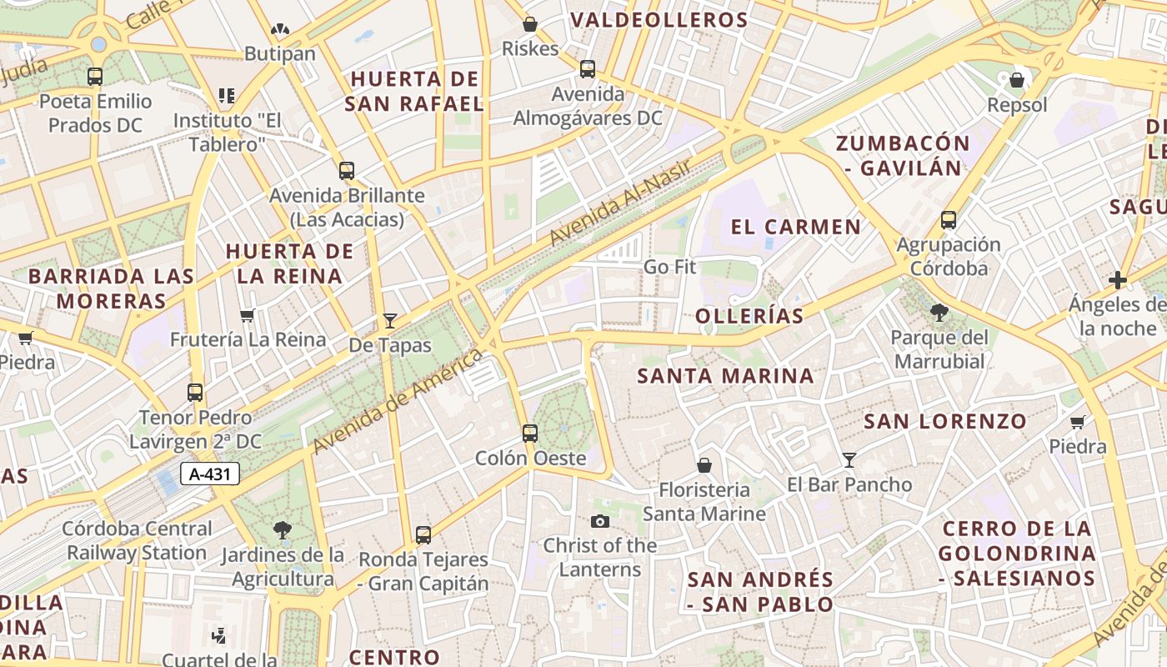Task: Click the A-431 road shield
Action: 210,474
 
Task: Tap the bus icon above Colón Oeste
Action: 530,434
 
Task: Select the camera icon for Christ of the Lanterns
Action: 599,522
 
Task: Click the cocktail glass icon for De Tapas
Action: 389,321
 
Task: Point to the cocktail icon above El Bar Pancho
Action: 849,459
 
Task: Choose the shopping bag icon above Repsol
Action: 1017,81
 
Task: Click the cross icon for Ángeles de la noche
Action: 1118,280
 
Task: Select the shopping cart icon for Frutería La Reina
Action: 247,316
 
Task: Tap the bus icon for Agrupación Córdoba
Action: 948,220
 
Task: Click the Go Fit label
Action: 669,268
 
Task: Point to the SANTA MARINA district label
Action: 725,376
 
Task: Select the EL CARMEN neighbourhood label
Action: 796,227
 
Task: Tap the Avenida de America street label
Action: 398,401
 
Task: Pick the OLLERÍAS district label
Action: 749,316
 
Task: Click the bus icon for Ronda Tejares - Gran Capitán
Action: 423,535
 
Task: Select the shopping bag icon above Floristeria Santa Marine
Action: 704,465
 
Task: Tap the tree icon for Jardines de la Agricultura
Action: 283,529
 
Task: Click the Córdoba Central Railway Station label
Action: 138,540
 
